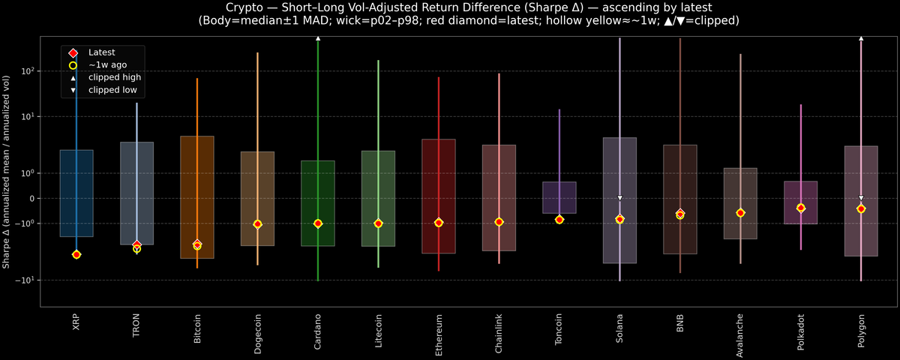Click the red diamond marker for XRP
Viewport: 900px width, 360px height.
coord(76,255)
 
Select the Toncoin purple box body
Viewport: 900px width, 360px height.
coord(559,197)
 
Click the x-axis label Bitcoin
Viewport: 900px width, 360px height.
coord(197,329)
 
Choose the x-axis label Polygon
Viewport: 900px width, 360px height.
coord(860,330)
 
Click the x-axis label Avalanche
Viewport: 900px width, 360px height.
coord(740,333)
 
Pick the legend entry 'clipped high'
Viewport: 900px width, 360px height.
coord(114,77)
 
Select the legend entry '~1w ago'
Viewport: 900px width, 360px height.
coord(107,65)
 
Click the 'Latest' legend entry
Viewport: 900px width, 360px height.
coord(102,52)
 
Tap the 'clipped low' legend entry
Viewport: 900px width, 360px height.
coord(113,90)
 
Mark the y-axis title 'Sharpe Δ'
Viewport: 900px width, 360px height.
coord(7,172)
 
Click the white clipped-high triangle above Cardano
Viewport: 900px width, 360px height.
coord(318,37)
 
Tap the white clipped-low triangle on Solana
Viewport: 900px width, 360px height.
coord(619,198)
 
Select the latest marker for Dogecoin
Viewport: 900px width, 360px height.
coord(257,224)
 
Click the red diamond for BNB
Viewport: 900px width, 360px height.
coord(679,214)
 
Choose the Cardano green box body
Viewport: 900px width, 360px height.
coord(318,202)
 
